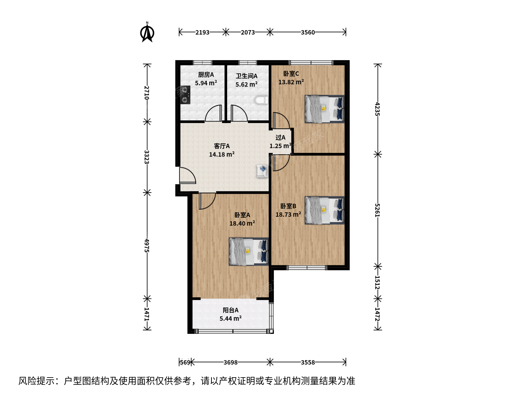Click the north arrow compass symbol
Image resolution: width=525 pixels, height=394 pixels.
tap(147, 32)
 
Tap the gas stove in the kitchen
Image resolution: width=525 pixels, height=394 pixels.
tap(185, 95)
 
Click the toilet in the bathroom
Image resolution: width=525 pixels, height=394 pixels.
tap(261, 100)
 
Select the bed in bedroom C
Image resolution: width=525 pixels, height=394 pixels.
tap(324, 109)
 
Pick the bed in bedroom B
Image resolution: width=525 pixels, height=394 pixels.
tap(324, 210)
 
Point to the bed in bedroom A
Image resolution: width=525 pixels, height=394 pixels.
tap(249, 251)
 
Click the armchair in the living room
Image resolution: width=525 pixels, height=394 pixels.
tap(262, 171)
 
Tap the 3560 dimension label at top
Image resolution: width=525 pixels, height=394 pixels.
tap(308, 32)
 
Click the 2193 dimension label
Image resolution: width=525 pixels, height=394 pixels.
tap(202, 32)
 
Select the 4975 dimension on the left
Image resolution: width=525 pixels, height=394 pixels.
tap(147, 246)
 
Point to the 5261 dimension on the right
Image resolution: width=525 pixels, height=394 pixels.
tap(377, 210)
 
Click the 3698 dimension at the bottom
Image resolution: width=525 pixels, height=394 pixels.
tap(230, 362)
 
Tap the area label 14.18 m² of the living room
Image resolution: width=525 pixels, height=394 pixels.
tap(222, 155)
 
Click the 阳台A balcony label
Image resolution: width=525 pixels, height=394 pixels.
tap(230, 310)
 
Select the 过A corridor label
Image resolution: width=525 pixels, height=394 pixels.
tap(280, 138)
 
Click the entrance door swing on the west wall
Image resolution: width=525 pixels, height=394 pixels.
tap(187, 175)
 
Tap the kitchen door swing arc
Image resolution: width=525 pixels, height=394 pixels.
tap(213, 113)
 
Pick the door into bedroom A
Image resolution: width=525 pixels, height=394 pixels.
tap(207, 201)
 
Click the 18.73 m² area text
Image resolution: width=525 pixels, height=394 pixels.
tap(288, 215)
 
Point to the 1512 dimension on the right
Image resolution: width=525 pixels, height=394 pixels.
tap(377, 282)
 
